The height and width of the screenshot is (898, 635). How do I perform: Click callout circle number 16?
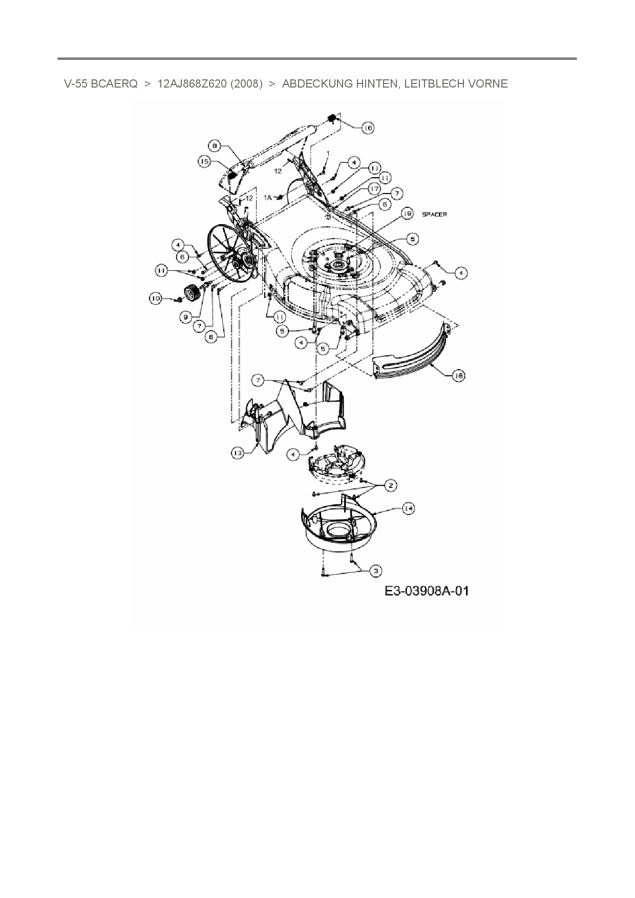click(368, 127)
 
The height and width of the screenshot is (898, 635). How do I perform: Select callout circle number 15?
click(205, 161)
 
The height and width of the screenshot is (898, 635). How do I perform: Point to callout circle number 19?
click(407, 214)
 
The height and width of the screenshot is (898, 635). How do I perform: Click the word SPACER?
click(434, 214)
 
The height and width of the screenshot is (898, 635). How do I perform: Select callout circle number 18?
click(458, 376)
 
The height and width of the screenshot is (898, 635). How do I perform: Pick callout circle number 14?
click(408, 508)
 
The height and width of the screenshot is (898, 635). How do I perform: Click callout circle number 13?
click(238, 453)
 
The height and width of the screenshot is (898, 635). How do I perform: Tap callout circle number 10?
click(155, 298)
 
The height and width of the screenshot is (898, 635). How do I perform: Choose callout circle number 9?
click(186, 317)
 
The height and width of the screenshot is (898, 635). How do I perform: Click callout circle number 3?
click(376, 570)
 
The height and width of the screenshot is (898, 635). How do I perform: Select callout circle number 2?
click(390, 485)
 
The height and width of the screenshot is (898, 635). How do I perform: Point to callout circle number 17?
click(374, 189)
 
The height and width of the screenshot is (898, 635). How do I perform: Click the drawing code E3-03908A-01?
click(427, 591)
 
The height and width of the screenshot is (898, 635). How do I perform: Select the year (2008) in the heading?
click(246, 84)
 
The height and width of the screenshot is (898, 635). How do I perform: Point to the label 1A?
click(268, 197)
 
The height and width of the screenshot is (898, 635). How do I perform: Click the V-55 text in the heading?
click(75, 84)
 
